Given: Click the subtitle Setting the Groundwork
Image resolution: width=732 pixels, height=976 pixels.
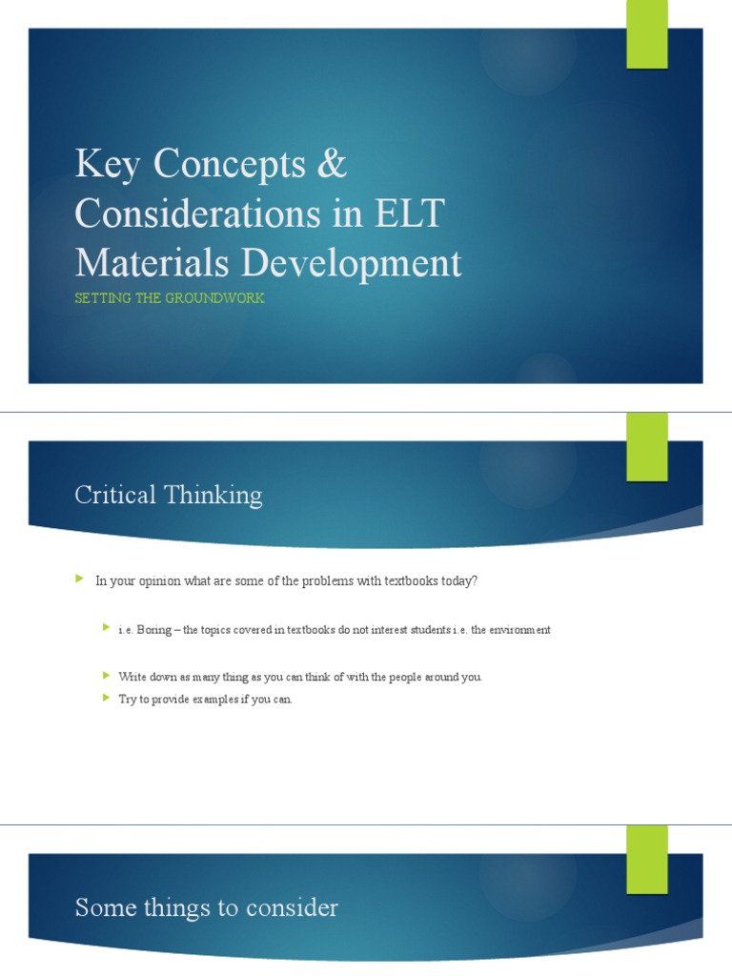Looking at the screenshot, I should (x=170, y=298).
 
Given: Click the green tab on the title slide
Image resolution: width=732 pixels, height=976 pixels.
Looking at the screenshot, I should (x=646, y=35).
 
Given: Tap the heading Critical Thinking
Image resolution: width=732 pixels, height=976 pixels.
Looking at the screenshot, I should (x=169, y=495).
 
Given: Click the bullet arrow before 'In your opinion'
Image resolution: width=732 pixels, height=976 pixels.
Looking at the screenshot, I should (x=80, y=579).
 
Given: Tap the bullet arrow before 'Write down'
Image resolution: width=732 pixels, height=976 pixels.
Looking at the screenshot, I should (x=106, y=676).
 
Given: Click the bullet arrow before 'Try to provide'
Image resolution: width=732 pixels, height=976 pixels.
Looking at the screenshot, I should (x=106, y=699).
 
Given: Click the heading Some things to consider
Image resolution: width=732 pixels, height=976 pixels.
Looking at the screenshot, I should (x=206, y=908).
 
